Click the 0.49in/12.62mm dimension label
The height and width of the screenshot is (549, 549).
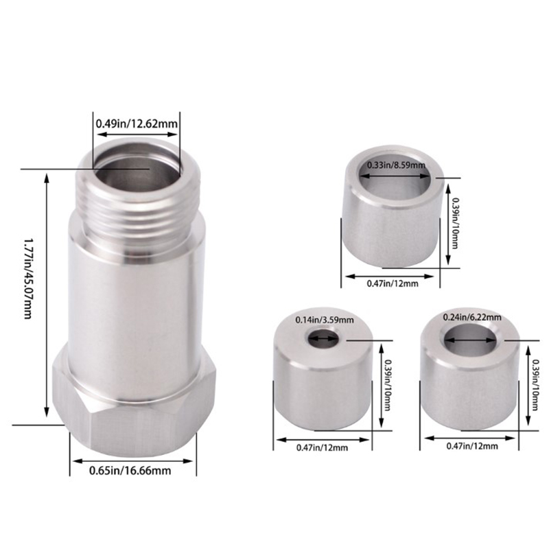tap(137, 124)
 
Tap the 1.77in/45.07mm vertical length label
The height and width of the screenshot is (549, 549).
tap(28, 279)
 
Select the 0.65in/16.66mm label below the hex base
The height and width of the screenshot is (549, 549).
tap(130, 470)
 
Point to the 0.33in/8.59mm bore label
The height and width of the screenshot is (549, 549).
tap(396, 165)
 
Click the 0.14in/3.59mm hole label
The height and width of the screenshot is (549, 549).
tap(325, 320)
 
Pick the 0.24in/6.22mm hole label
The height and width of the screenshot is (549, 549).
tap(472, 317)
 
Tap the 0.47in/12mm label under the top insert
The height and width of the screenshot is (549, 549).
tap(392, 283)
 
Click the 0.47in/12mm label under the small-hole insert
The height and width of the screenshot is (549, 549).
tap(322, 447)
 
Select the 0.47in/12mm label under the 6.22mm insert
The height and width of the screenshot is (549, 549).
tap(472, 445)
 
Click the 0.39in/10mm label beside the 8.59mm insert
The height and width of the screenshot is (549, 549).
tap(454, 223)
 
